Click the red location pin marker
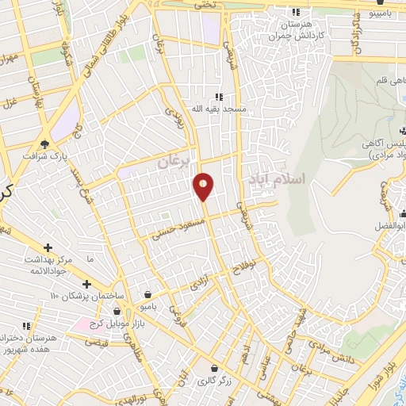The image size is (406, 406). (x=203, y=186)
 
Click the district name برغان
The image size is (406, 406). (x=174, y=161)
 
